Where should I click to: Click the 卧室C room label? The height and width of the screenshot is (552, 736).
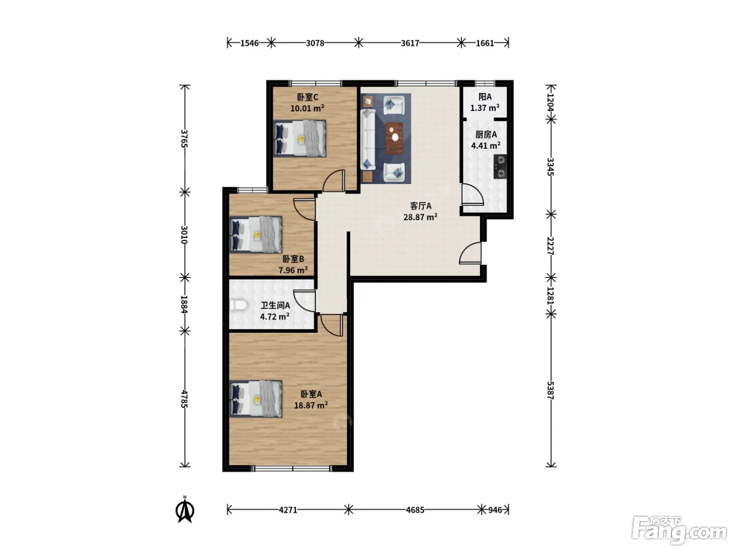click(307, 97)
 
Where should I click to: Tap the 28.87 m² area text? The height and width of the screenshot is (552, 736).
click(420, 217)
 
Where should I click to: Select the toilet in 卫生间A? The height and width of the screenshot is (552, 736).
click(238, 305)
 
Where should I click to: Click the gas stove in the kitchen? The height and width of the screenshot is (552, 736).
click(500, 167)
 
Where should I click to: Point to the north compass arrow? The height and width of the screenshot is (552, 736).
click(185, 511)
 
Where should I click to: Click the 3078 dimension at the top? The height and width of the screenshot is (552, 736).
click(315, 43)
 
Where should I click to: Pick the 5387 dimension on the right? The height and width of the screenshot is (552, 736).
click(550, 390)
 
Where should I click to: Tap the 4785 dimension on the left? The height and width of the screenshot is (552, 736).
click(184, 399)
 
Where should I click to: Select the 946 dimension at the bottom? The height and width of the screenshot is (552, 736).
click(495, 510)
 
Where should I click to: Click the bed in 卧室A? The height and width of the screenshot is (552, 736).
click(256, 398)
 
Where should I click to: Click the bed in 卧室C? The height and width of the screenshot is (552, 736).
click(300, 138)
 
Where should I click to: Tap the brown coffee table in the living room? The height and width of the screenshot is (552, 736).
click(394, 138)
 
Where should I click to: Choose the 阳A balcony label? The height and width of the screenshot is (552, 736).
click(485, 97)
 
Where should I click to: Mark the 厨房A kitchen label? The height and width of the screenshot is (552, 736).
click(486, 135)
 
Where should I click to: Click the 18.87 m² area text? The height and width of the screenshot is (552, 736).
click(311, 405)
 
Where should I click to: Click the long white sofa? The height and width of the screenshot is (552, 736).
click(368, 139)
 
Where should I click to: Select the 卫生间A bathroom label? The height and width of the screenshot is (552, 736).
click(275, 305)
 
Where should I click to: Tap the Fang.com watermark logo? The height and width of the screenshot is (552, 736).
click(679, 530)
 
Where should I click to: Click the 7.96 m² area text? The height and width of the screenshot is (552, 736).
click(293, 270)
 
